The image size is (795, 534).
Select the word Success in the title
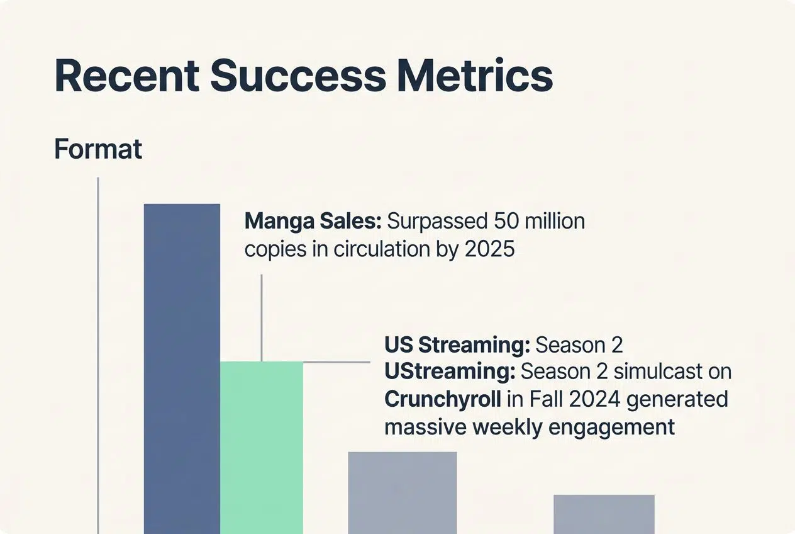297,76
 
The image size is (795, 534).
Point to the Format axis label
98,149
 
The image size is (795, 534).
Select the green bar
261,447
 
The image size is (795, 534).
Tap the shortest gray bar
604,514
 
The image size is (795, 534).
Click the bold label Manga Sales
312,222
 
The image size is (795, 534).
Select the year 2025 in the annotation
489,249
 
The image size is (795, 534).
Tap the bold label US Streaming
458,345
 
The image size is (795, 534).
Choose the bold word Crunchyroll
443,399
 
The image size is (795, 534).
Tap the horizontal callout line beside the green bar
336,362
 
